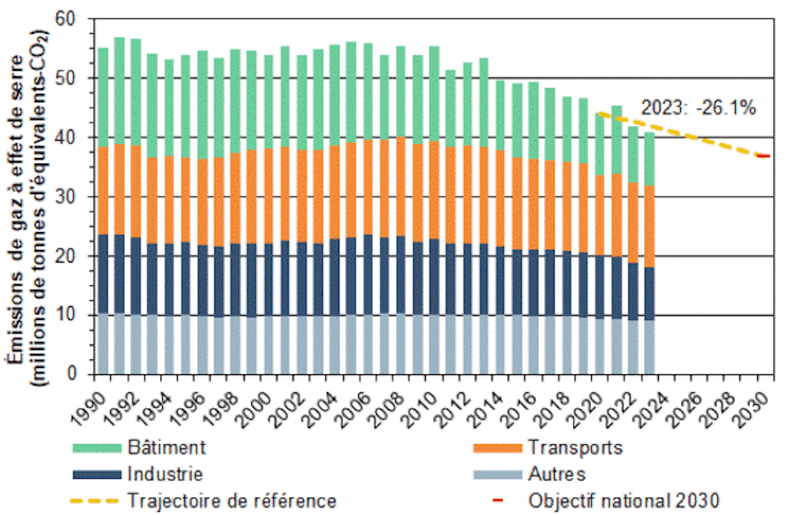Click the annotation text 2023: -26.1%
pyautogui.click(x=698, y=109)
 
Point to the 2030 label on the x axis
pyautogui.click(x=757, y=403)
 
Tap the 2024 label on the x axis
pyautogui.click(x=658, y=403)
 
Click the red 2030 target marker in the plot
pyautogui.click(x=763, y=156)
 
